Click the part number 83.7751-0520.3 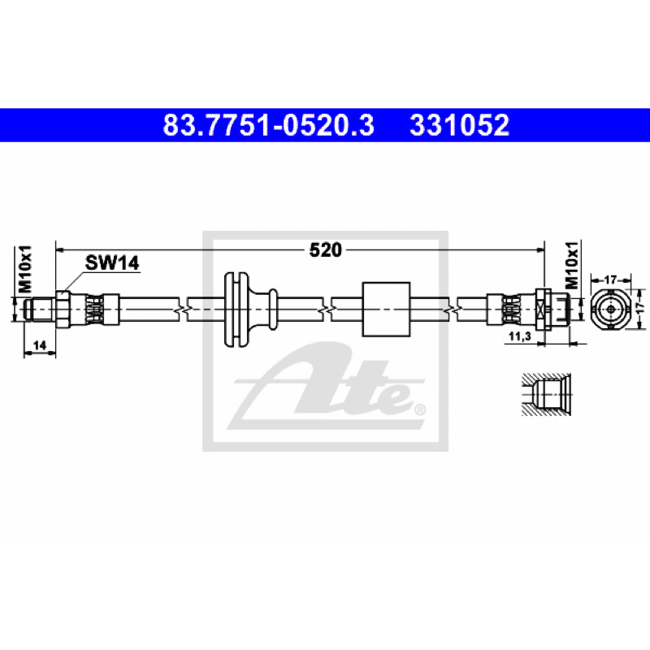tap(268, 125)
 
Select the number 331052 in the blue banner tap(459, 125)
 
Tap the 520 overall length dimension tap(326, 250)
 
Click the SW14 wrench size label tap(112, 262)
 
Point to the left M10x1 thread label tap(24, 269)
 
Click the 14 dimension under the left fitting tap(40, 344)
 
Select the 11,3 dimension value tap(520, 336)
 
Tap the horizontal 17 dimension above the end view tap(610, 279)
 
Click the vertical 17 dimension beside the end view tap(641, 307)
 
